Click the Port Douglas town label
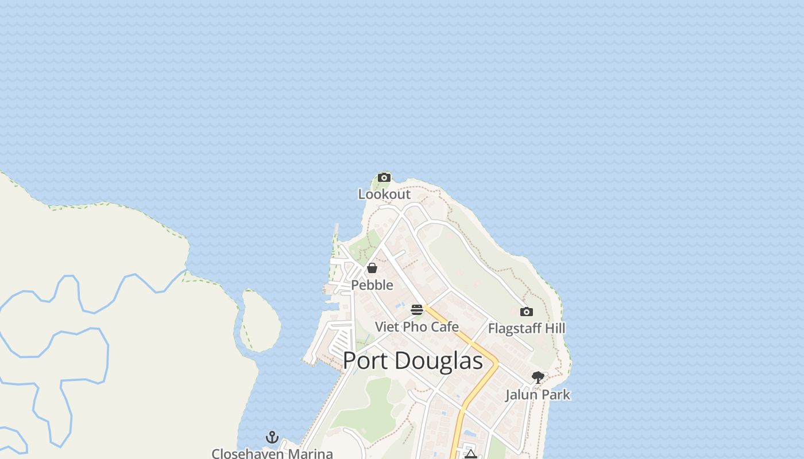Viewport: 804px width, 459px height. (x=412, y=360)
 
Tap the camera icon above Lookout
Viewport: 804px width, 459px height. (x=384, y=177)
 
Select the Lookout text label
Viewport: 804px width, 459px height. (x=384, y=194)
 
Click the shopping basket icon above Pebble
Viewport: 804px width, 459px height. (x=372, y=268)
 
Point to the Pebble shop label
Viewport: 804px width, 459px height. (x=372, y=285)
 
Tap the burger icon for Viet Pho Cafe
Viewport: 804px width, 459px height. (x=417, y=310)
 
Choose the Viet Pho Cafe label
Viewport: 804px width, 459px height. (x=417, y=327)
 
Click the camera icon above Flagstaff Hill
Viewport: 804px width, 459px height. (x=526, y=312)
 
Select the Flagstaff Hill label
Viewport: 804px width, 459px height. (x=526, y=328)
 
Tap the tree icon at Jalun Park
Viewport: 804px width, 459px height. (x=538, y=377)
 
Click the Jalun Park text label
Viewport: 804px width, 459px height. (x=538, y=394)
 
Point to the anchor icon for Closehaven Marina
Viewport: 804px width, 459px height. (x=272, y=438)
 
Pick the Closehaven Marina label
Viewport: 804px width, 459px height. (x=272, y=453)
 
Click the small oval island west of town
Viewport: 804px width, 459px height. (x=260, y=320)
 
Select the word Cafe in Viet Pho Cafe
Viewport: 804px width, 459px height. (x=444, y=327)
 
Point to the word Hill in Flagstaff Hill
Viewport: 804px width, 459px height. (x=554, y=328)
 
